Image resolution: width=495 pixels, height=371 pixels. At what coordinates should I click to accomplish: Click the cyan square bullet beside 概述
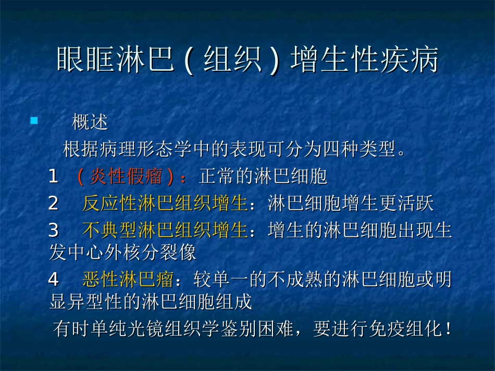[34, 121]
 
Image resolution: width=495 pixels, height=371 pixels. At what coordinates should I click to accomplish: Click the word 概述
[90, 123]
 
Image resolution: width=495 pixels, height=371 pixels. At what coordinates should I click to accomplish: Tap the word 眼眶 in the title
[77, 60]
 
